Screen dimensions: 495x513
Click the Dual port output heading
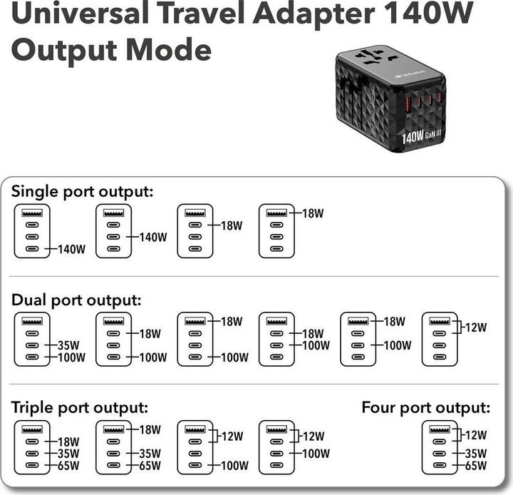click(76, 300)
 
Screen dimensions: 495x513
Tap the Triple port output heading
click(80, 408)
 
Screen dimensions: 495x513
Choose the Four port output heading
click(426, 408)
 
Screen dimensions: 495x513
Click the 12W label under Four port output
click(475, 434)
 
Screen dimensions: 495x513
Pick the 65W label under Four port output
click(475, 466)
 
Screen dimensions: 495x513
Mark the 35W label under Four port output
click(475, 452)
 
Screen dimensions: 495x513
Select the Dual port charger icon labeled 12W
click(439, 339)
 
